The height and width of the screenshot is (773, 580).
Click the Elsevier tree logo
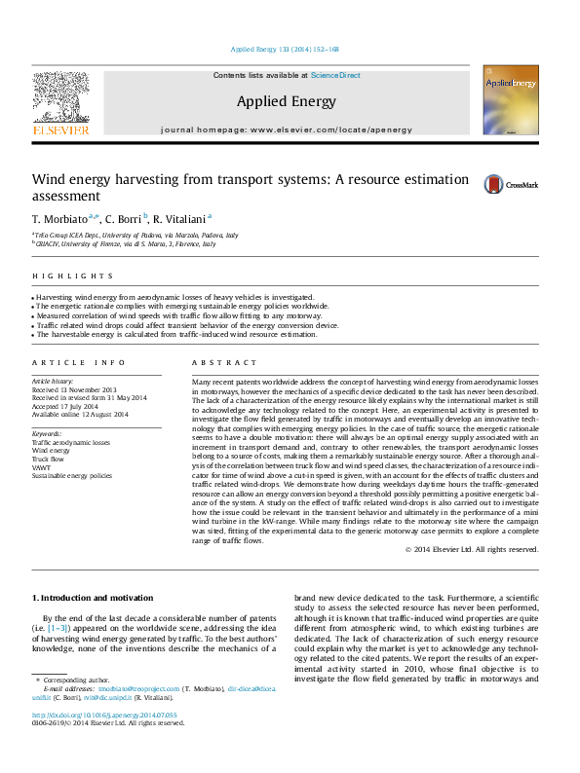coord(60,99)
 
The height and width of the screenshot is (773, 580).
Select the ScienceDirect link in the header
coord(335,75)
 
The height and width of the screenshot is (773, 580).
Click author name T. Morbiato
coord(60,218)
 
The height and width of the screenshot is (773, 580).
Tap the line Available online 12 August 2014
coord(80,415)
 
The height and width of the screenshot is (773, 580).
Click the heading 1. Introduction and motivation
coord(93,597)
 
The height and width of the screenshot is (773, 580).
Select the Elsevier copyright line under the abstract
coord(472,549)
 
